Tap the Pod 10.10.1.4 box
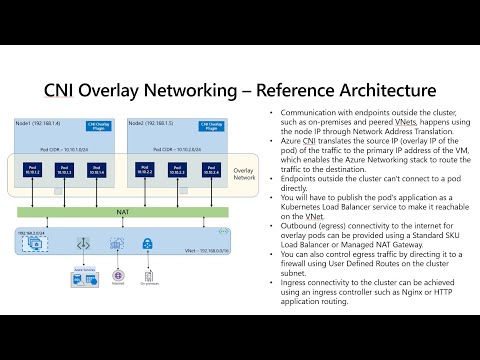(x=95, y=170)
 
